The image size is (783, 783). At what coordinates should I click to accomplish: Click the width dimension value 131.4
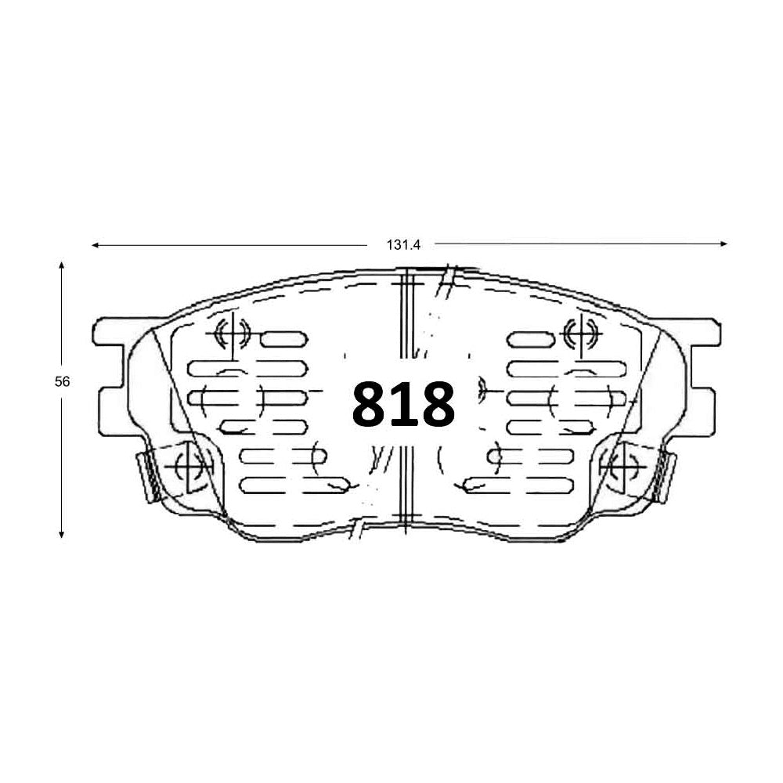coord(403,244)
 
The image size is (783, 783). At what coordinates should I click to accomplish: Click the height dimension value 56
coord(62,381)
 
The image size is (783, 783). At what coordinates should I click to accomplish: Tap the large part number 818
coord(403,404)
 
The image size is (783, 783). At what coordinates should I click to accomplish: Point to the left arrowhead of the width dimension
coord(95,245)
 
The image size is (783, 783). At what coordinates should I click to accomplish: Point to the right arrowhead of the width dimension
coord(724,244)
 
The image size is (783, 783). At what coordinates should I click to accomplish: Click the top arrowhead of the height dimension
coord(61,265)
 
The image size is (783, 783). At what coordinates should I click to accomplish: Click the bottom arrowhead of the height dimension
coord(61,534)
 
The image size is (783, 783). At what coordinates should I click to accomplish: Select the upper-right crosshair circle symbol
coord(580,333)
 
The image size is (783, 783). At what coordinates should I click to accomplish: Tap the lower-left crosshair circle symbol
coord(188,467)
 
